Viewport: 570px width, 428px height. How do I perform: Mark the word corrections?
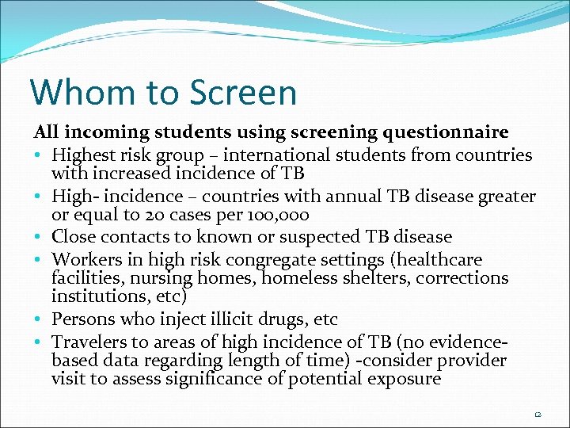pos(462,278)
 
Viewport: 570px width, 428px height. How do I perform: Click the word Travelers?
pos(88,342)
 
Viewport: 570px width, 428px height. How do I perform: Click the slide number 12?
pos(538,413)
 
